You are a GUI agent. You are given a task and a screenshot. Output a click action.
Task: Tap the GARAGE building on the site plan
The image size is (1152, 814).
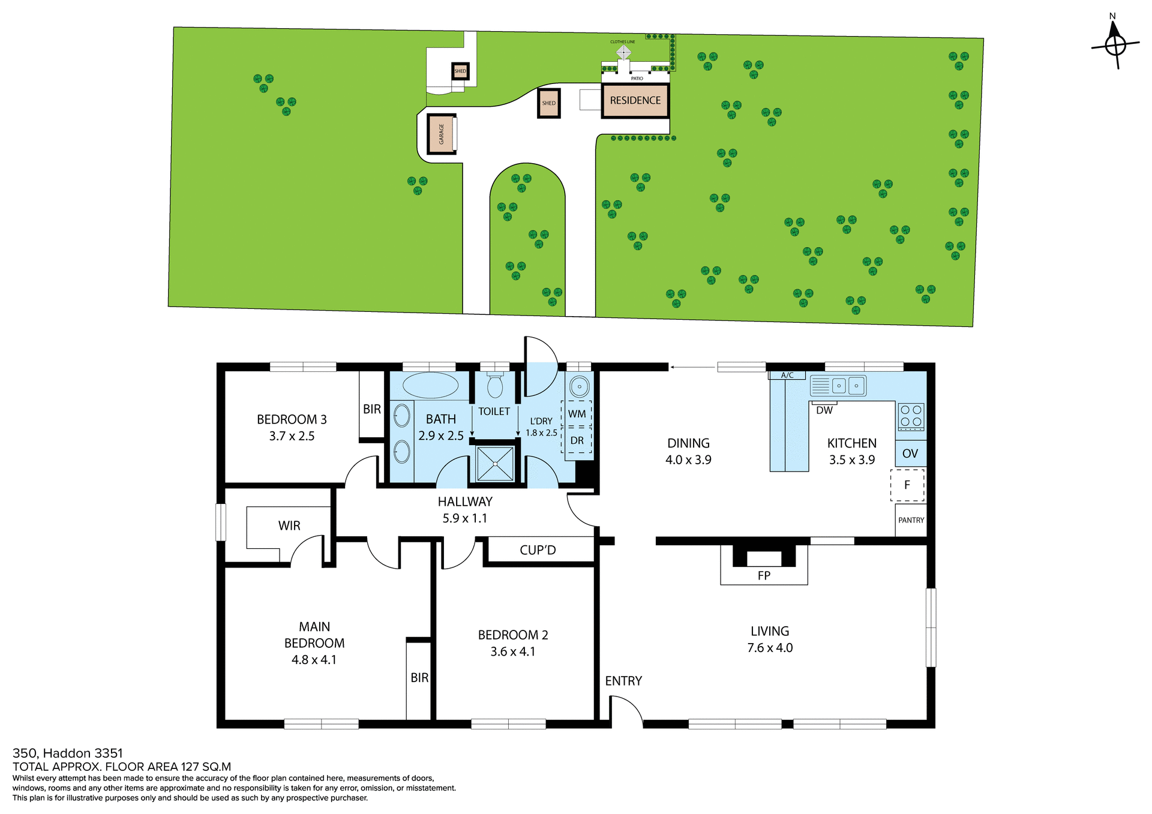[x=442, y=134]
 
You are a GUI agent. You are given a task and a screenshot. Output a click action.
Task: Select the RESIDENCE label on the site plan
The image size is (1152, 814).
[x=635, y=101]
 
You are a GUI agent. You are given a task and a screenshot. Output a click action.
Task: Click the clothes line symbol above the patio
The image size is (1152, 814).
[x=623, y=52]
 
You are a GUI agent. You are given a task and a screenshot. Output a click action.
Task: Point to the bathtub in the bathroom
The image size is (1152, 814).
[x=430, y=386]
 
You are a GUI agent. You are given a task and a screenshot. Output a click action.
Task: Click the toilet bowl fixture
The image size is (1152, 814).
[x=495, y=386]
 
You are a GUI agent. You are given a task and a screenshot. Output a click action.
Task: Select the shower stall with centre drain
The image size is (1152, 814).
[x=495, y=464]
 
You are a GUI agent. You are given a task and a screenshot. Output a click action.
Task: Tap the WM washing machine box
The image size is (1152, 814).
[x=577, y=414]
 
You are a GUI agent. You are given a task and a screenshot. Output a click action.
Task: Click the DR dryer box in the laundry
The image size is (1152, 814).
[x=577, y=441]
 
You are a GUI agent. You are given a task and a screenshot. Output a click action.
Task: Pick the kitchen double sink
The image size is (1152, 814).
[x=848, y=386]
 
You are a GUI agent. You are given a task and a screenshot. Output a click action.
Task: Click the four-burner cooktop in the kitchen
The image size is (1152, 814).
[x=911, y=416]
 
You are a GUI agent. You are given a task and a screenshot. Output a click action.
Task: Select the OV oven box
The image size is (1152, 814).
[x=910, y=454]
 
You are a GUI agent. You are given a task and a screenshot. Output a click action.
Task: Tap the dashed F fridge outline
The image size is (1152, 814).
[x=907, y=485]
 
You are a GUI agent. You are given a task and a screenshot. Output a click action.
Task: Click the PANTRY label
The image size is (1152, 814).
[x=911, y=520]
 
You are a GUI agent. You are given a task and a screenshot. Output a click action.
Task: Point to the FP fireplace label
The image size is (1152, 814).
[x=764, y=576]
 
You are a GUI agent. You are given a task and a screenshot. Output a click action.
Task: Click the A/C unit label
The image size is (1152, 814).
[x=787, y=376]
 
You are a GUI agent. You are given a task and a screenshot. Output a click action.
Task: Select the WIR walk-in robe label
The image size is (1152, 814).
[x=289, y=526]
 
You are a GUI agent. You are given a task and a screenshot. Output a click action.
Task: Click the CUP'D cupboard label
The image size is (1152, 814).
[x=538, y=550]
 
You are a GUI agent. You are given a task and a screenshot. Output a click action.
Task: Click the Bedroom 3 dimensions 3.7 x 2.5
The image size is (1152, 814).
[x=292, y=436]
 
